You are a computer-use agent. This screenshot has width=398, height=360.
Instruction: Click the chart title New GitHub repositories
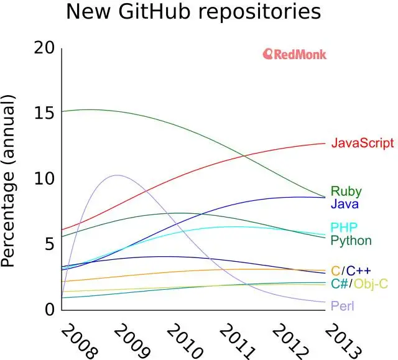click(193, 12)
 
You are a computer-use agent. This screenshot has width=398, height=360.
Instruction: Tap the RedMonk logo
click(295, 54)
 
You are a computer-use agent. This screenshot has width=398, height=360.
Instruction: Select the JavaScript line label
click(362, 143)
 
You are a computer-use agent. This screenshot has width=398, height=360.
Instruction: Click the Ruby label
click(346, 192)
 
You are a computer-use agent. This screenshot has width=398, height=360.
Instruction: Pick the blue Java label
click(345, 203)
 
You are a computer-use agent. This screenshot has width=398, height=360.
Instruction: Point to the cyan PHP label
click(344, 228)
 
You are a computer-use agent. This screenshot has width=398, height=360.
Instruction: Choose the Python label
click(351, 240)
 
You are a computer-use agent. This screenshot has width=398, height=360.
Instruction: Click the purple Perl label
click(343, 306)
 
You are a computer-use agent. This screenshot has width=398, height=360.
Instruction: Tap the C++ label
click(358, 270)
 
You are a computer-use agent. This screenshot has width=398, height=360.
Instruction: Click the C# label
click(340, 284)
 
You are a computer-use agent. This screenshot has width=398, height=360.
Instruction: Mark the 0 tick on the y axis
click(50, 310)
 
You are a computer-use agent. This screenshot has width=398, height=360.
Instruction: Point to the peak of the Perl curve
click(117, 175)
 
